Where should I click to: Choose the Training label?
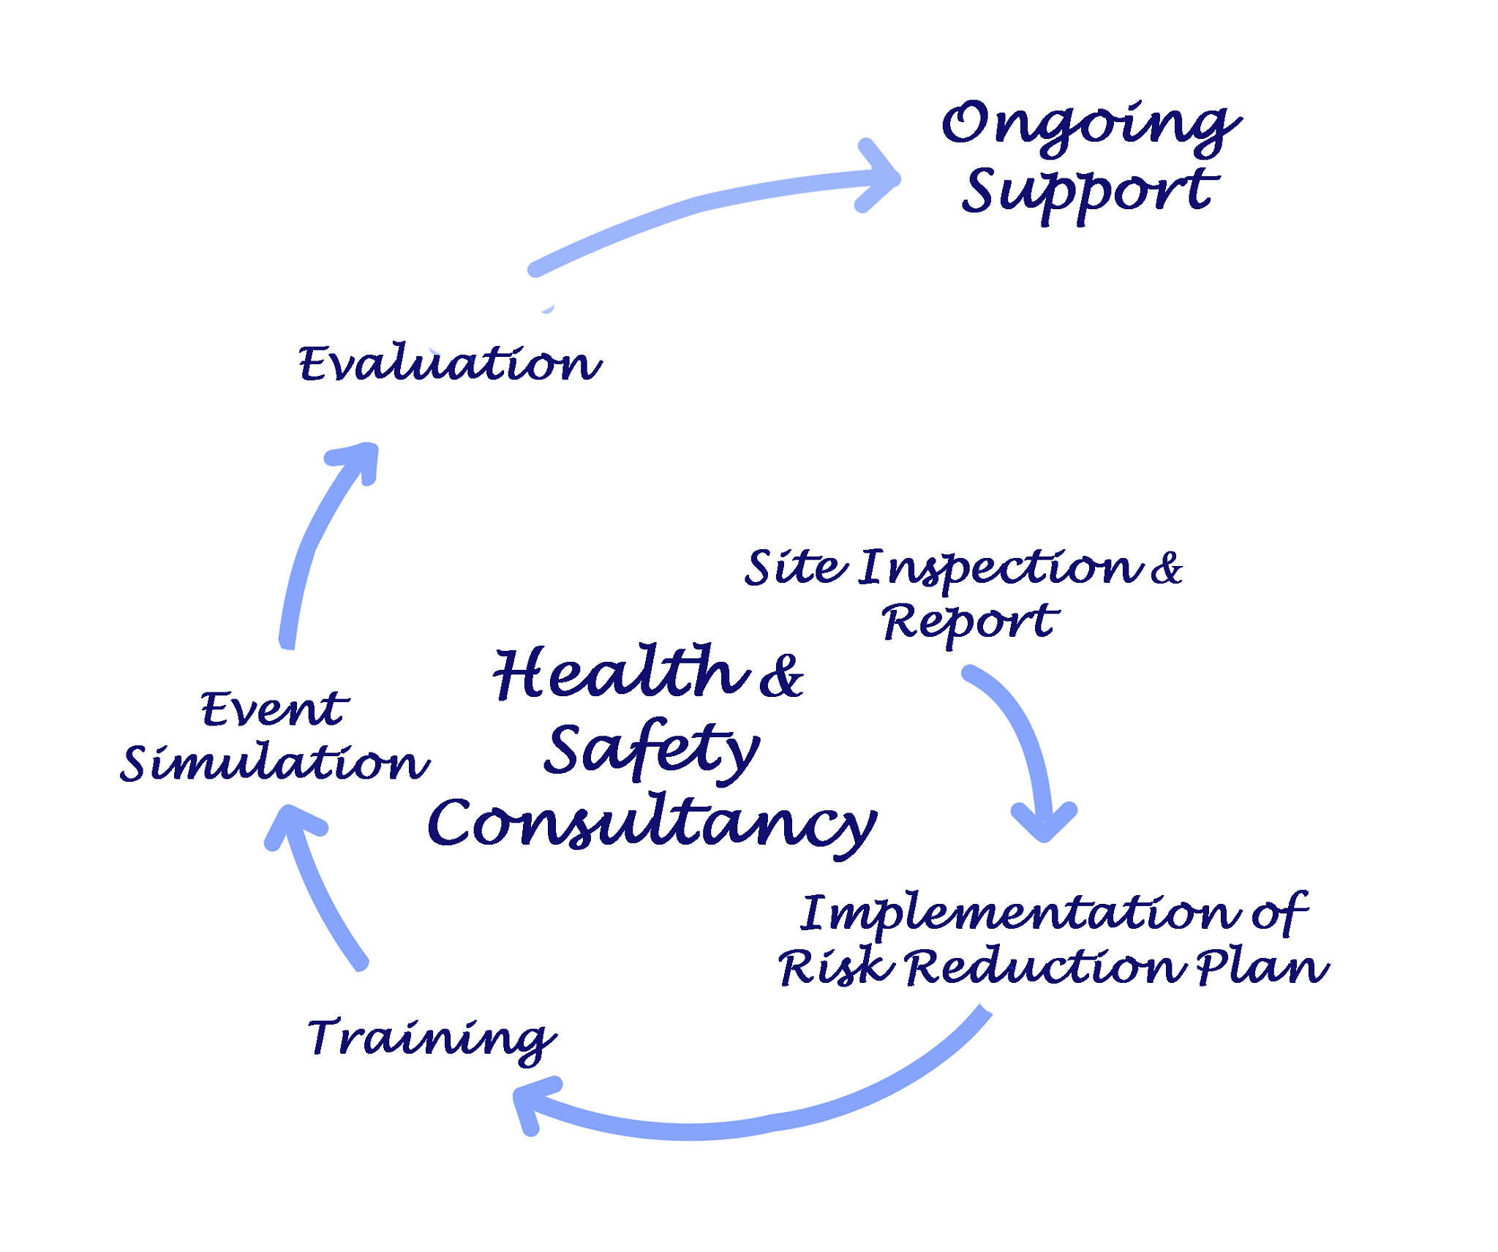[432, 1038]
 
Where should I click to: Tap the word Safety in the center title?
[651, 750]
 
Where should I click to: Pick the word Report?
[970, 623]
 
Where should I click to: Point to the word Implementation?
[1020, 914]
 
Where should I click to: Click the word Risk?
[836, 968]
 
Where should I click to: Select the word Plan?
[1262, 968]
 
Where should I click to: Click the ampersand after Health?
[781, 676]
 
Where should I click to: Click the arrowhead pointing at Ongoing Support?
[881, 177]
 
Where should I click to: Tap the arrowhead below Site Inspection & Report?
[1045, 823]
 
